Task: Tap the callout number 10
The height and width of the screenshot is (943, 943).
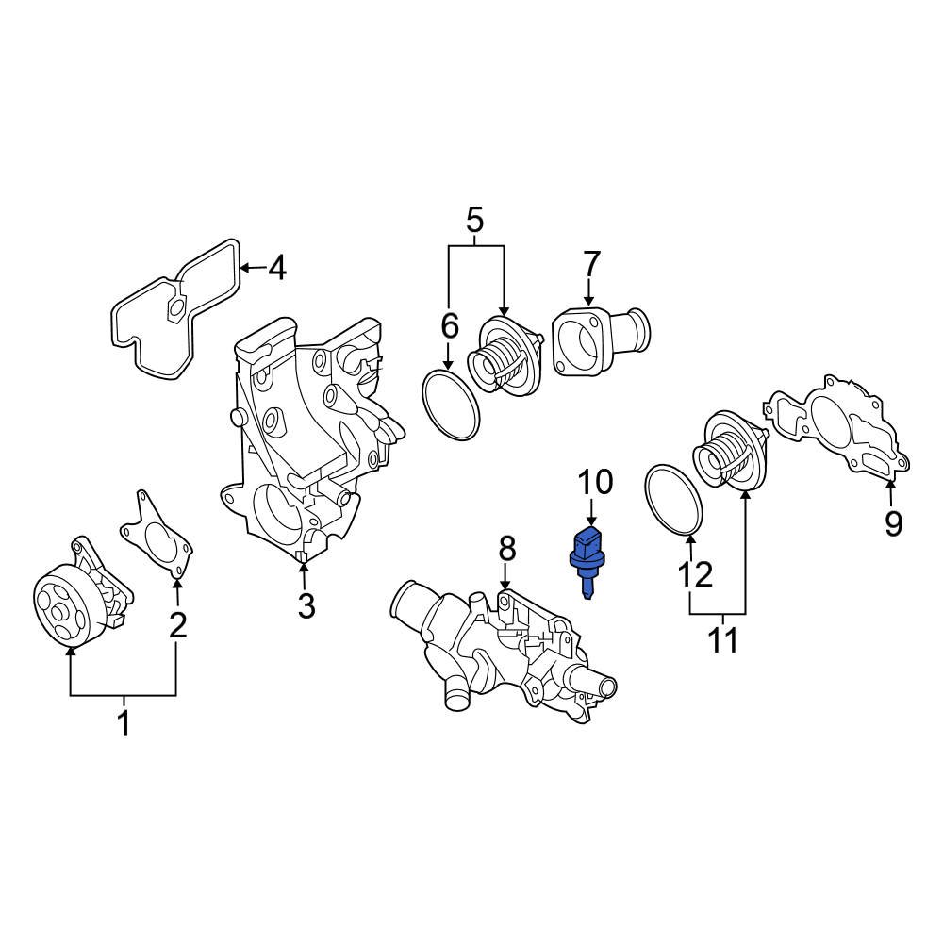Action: click(595, 483)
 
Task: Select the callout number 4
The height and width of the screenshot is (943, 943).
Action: click(275, 270)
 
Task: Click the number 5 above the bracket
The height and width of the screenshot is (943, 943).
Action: click(474, 222)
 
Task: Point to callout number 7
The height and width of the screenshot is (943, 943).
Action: click(591, 263)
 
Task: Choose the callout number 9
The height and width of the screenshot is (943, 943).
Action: click(893, 522)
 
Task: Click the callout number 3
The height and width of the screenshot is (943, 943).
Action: click(306, 606)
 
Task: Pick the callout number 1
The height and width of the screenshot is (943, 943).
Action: click(123, 724)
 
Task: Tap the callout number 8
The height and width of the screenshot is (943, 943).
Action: click(507, 547)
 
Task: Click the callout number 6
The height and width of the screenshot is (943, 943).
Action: click(450, 326)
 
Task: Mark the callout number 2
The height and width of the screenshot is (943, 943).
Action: click(177, 624)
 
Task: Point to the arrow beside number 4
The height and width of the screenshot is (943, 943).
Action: click(248, 269)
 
